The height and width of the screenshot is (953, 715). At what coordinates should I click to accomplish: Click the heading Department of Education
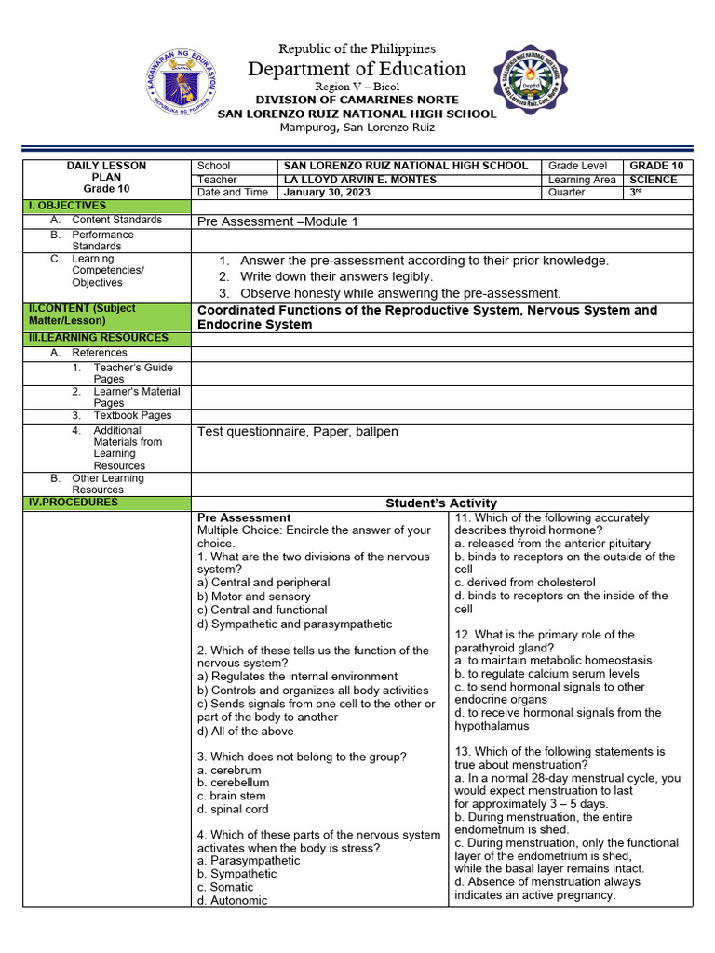pyautogui.click(x=357, y=69)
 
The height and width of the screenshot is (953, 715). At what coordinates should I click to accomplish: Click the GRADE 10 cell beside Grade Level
pyautogui.click(x=656, y=166)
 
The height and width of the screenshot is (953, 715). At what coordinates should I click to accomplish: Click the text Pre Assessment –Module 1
pyautogui.click(x=277, y=221)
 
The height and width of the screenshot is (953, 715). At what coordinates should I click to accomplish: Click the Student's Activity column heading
pyautogui.click(x=441, y=503)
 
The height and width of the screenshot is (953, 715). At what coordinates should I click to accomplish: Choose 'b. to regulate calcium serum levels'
pyautogui.click(x=546, y=674)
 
